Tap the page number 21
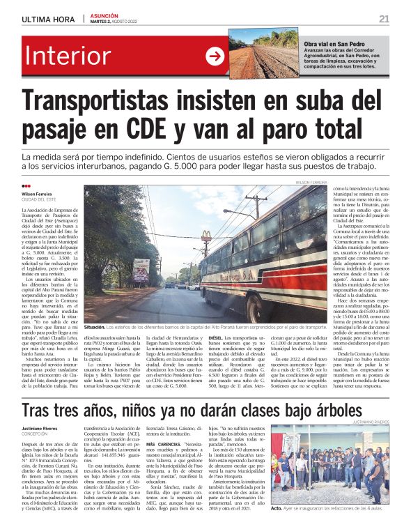(x=384, y=18)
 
